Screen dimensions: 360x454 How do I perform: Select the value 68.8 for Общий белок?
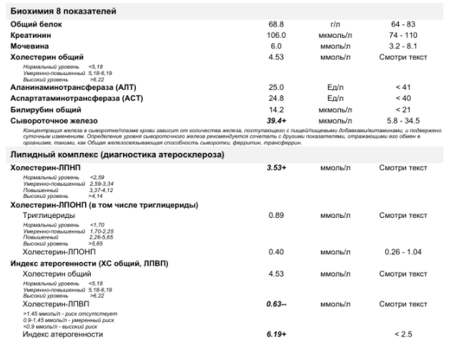point(277,24)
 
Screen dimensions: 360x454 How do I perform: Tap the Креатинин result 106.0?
point(277,35)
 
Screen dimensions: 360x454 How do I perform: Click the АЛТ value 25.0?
point(277,87)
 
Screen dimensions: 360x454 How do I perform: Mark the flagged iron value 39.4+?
point(277,121)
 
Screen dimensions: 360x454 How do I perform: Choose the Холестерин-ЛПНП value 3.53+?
point(277,167)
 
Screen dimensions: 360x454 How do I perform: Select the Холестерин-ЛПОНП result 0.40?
point(277,251)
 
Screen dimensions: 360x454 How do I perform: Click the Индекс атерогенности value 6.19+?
point(277,334)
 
